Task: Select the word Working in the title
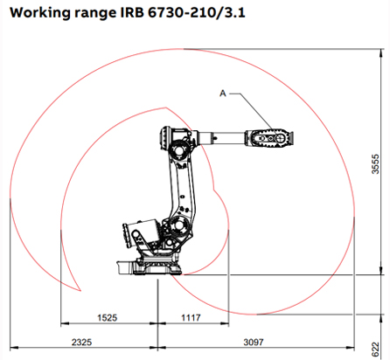[x=40, y=14]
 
